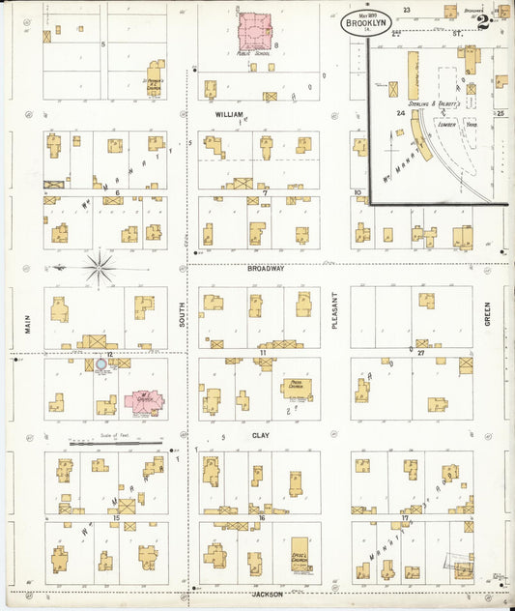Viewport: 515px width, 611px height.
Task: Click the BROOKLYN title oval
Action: pyautogui.click(x=365, y=23)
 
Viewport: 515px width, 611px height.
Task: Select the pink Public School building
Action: pyautogui.click(x=256, y=33)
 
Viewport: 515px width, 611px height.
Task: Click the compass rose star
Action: pyautogui.click(x=100, y=266)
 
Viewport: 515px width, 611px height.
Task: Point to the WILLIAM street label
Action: pyautogui.click(x=229, y=114)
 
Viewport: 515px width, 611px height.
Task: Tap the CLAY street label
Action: pyautogui.click(x=261, y=436)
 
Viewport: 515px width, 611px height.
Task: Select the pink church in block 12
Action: pyautogui.click(x=142, y=401)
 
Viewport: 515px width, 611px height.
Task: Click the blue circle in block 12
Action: pyautogui.click(x=100, y=366)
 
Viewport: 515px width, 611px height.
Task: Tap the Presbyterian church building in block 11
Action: pyautogui.click(x=296, y=389)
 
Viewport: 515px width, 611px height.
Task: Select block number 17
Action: pyautogui.click(x=407, y=518)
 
